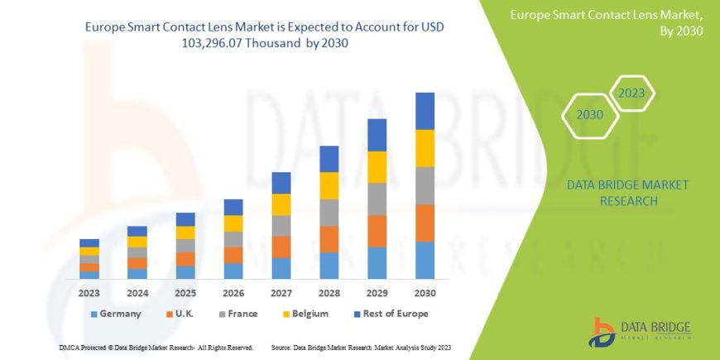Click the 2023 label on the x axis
pos(89,292)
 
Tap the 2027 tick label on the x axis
pos(281,292)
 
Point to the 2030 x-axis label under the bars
pos(425,292)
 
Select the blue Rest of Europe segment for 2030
pos(425,111)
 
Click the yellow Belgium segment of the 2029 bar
pos(377,167)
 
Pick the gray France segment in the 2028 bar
pos(329,213)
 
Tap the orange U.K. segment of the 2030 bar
pos(425,223)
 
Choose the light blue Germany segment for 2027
pos(281,268)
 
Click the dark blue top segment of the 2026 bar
pos(233,207)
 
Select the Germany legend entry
pos(115,314)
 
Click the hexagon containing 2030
pos(589,115)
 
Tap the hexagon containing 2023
pos(632,93)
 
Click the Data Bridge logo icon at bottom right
pos(602,332)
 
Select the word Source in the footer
pos(282,347)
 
